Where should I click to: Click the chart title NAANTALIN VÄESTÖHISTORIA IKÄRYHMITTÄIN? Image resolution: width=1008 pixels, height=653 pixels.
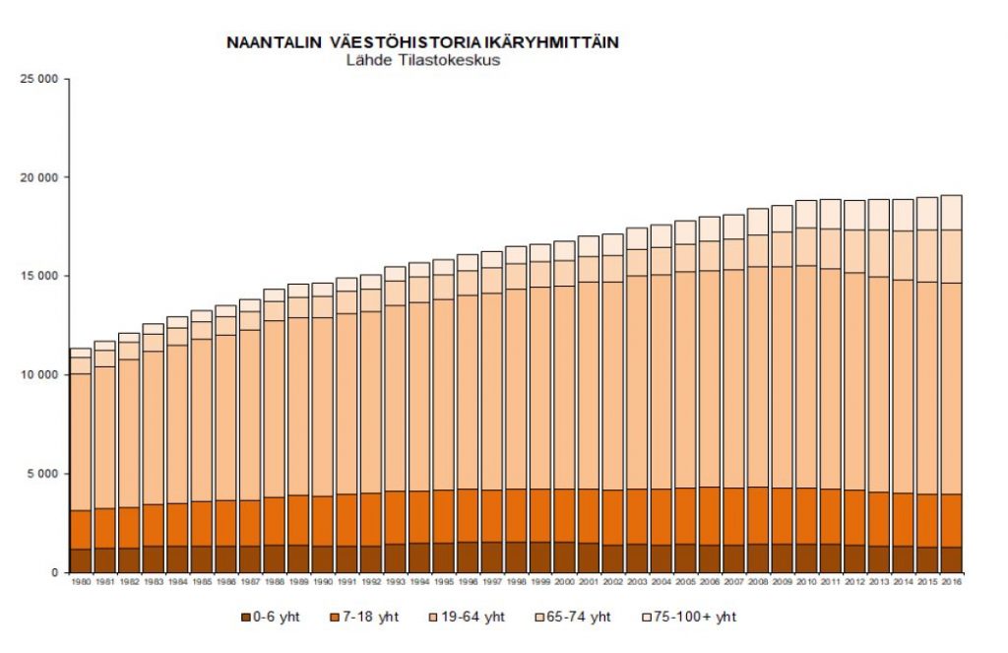422,43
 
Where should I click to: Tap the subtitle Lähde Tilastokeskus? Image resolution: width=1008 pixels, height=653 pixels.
423,59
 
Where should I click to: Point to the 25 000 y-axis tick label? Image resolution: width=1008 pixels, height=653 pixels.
39,78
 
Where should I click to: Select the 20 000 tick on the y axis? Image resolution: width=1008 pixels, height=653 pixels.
39,177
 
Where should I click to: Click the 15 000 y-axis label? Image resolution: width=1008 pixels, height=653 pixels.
39,276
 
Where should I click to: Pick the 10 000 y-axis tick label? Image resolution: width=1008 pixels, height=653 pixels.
39,375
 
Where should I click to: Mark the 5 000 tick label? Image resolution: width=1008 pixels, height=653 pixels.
42,474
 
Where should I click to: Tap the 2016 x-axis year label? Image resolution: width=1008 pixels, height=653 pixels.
950,582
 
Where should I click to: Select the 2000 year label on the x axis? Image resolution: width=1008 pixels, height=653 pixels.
564,582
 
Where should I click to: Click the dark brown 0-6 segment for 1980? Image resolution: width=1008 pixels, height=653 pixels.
80,560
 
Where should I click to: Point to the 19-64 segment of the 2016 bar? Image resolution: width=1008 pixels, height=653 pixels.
950,389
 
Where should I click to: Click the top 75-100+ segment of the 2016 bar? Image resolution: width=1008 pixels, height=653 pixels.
950,213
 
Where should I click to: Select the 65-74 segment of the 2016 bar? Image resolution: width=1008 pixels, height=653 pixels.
950,256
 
